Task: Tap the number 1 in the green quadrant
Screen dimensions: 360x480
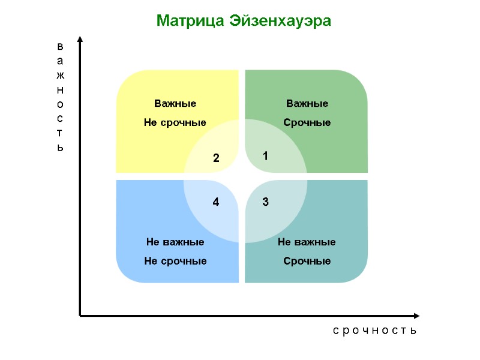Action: [x=265, y=156]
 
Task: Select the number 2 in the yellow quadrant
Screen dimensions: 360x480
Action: [x=217, y=159]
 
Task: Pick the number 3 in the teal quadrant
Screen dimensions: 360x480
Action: [x=265, y=203]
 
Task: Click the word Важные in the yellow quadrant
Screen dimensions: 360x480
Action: [x=175, y=104]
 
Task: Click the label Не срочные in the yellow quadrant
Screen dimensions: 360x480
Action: [x=175, y=123]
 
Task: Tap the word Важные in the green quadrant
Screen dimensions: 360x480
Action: [x=307, y=104]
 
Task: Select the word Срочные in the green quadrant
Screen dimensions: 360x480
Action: [x=307, y=123]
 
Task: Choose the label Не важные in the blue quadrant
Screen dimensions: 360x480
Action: [x=175, y=242]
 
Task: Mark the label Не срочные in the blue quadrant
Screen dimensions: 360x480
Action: [x=175, y=262]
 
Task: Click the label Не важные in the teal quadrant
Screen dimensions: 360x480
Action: [x=307, y=242]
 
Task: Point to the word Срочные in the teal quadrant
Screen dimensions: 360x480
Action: [x=307, y=262]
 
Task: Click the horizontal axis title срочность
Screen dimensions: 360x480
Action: [x=374, y=331]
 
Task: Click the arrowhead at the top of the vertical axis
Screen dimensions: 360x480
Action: [x=80, y=40]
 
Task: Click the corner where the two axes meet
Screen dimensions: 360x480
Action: [x=80, y=315]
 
